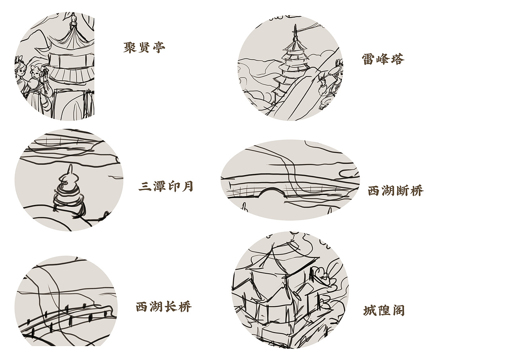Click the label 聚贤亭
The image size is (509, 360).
(144, 48)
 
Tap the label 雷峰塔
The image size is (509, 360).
(383, 59)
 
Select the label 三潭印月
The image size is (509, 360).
(166, 186)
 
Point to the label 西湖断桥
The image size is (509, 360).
(395, 191)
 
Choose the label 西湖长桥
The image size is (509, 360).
(163, 307)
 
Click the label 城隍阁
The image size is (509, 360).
(384, 311)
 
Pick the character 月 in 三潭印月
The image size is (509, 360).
(187, 186)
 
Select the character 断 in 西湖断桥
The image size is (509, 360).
(402, 191)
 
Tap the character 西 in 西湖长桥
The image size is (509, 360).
(142, 307)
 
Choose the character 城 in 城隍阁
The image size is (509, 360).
(370, 311)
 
